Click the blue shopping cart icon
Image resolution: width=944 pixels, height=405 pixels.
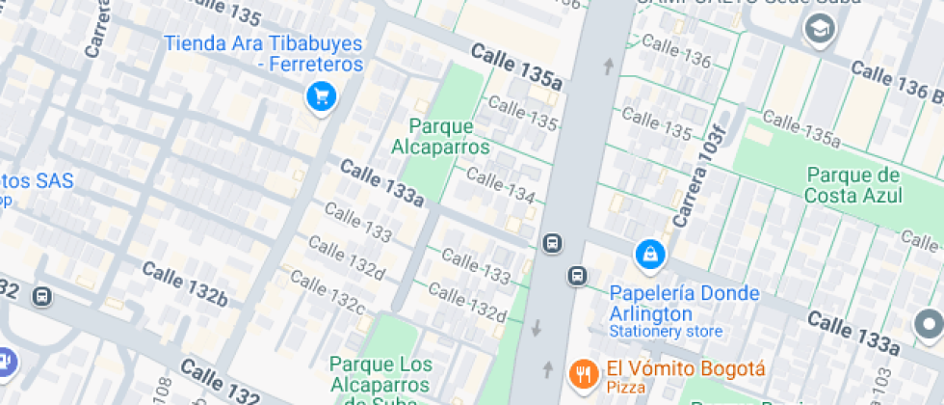321,96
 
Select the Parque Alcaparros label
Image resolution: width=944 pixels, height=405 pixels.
440,137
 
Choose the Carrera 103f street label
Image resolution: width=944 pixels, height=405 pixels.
698,169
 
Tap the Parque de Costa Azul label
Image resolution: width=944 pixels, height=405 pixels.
854,185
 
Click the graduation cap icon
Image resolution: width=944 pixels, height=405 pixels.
821,30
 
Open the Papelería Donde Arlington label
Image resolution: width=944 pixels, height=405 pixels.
684,304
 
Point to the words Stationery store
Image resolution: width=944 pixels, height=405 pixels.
665,332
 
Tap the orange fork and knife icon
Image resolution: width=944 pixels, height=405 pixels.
583,373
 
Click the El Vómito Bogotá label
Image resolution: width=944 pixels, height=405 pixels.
685,369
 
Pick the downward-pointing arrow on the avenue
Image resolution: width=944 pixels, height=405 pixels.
537,328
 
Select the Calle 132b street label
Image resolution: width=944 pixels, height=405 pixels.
185,283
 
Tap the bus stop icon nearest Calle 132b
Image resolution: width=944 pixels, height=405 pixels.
42,296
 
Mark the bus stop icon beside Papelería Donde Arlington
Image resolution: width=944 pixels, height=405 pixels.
576,277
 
